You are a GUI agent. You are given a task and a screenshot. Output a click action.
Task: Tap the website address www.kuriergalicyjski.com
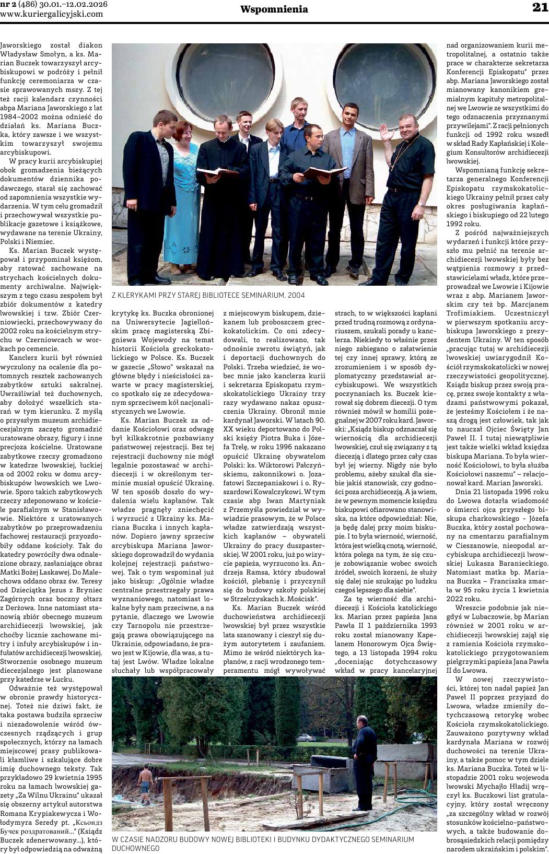click(x=52, y=14)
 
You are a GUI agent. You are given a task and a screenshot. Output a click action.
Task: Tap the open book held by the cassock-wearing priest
click(x=217, y=171)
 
